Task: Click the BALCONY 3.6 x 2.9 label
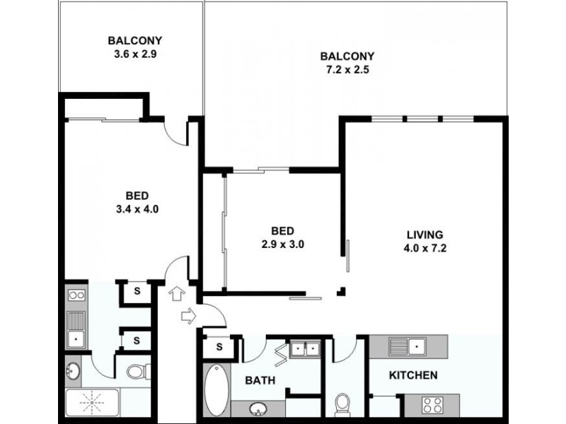135,47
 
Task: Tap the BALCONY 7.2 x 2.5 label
347,63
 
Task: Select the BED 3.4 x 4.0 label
137,202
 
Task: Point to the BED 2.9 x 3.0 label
282,237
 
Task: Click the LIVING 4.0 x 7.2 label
425,241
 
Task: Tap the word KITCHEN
413,375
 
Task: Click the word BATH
260,380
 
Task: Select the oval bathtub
216,389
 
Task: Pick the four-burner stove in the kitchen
433,405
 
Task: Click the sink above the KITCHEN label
408,346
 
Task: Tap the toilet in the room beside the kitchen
342,402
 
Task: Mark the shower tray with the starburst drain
92,402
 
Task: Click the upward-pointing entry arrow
176,293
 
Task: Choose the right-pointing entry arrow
188,316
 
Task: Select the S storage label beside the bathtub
219,347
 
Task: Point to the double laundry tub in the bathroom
305,348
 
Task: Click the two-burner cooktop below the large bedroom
76,295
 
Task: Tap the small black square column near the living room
341,291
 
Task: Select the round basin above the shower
73,371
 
